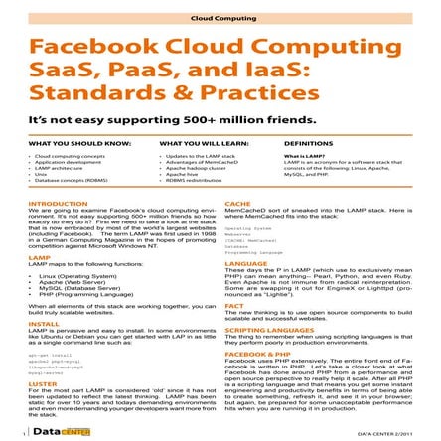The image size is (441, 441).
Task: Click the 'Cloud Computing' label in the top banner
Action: pyautogui.click(x=220, y=18)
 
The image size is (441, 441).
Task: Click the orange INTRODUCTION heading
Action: pyautogui.click(x=57, y=203)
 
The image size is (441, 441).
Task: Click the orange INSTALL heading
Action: pyautogui.click(x=43, y=323)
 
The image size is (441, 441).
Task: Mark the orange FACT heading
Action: pyautogui.click(x=233, y=305)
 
